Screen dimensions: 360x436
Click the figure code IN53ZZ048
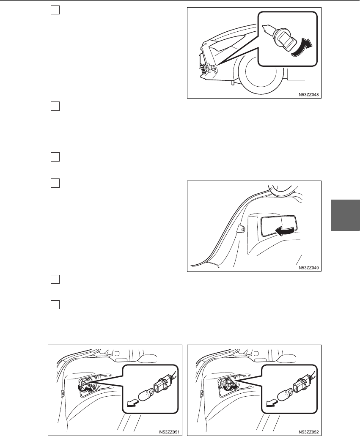coord(308,95)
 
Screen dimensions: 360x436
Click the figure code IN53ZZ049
coord(308,268)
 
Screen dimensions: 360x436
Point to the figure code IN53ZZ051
coord(169,432)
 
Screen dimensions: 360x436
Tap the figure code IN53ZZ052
coord(308,432)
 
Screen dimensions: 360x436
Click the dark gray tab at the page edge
coord(345,215)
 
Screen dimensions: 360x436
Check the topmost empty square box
coord(55,10)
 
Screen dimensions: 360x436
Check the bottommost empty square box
coord(55,305)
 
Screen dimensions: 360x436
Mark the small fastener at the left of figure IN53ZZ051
coord(62,394)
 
